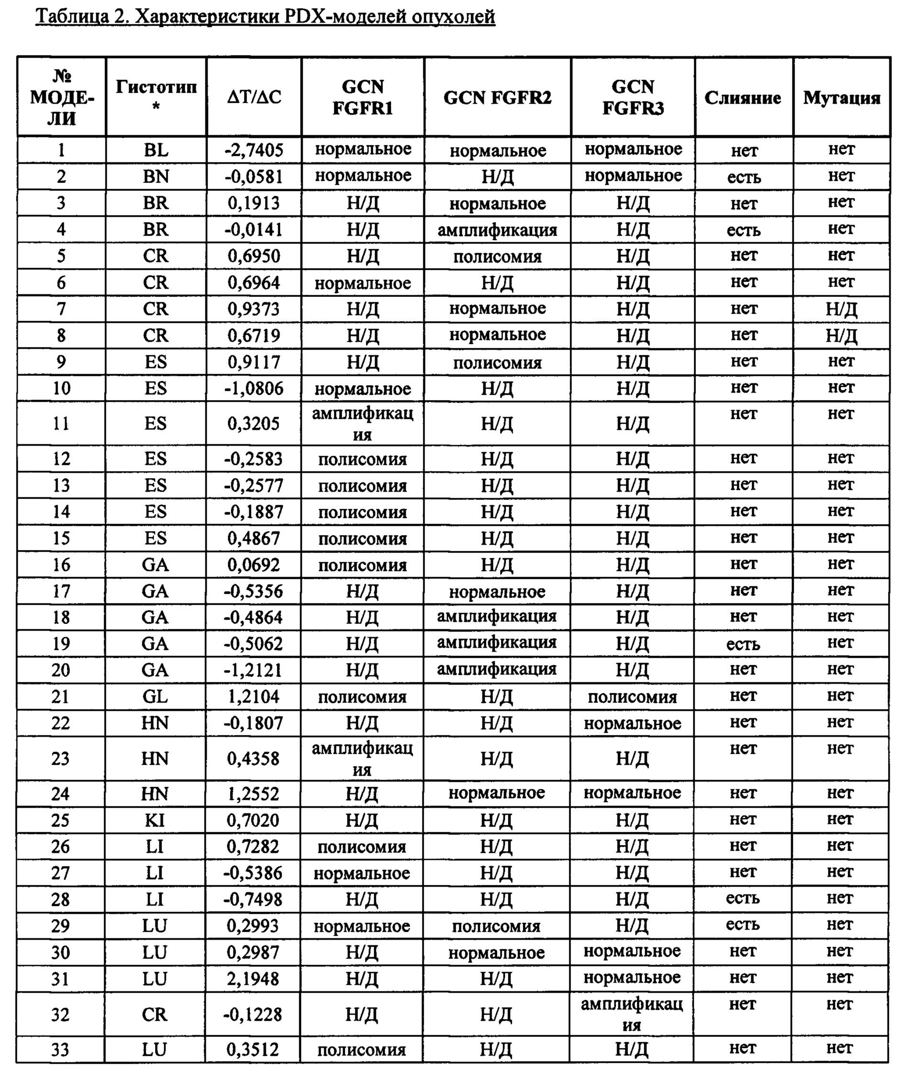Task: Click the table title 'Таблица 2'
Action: tap(265, 16)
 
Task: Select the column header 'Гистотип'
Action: tap(156, 96)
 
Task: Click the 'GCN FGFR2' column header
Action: tap(497, 97)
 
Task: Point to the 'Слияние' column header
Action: tap(743, 97)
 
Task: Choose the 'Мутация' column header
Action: tap(841, 97)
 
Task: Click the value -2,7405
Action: tap(254, 150)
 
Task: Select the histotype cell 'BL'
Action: tap(156, 150)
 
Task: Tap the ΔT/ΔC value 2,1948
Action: tap(253, 979)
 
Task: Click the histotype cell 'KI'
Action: tap(155, 820)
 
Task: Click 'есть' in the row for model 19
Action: tap(743, 644)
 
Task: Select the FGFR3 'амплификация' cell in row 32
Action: tap(632, 1014)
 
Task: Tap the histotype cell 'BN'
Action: tap(156, 176)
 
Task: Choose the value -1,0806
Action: tap(254, 388)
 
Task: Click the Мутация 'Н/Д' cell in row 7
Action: tap(841, 309)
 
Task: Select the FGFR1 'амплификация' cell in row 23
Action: tap(362, 758)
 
